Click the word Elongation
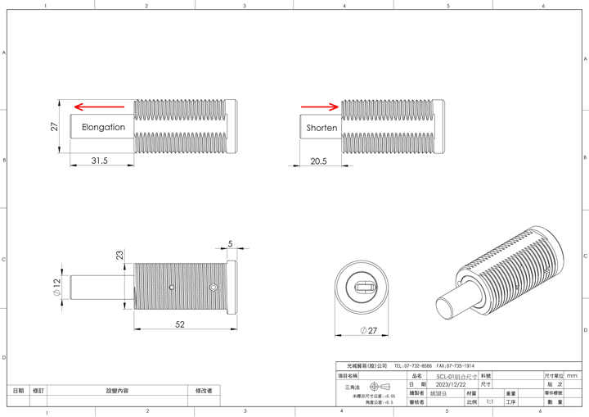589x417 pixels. coord(103,128)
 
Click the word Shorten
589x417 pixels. coord(321,129)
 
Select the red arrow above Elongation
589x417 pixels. coord(97,107)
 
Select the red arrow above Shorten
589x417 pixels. coord(320,106)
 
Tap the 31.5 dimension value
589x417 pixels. coord(100,161)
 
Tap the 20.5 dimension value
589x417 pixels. coord(318,161)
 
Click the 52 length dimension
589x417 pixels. coord(179,324)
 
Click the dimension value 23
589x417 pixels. coord(120,255)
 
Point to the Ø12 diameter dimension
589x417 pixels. coord(56,288)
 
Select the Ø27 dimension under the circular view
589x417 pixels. coord(367,330)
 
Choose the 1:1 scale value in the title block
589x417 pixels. coord(490,402)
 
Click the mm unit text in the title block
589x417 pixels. coord(572,374)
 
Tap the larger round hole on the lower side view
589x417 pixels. coord(214,288)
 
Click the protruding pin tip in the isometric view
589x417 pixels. coord(445,309)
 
